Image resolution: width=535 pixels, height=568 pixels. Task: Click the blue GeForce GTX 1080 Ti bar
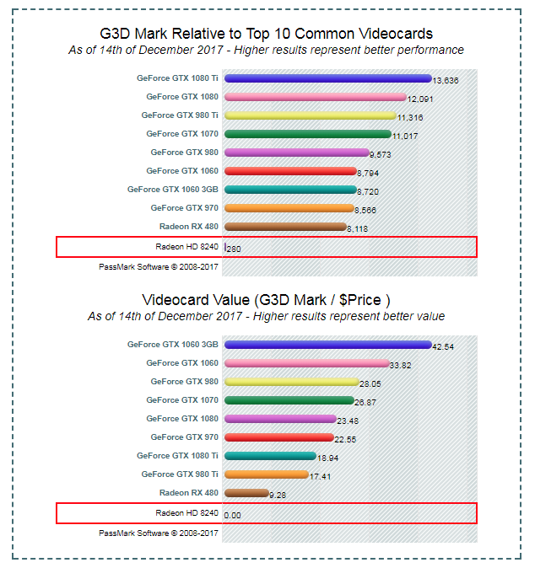(327, 78)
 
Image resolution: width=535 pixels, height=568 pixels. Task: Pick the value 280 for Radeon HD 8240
(234, 249)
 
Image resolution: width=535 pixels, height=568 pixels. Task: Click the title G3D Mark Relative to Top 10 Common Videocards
(266, 34)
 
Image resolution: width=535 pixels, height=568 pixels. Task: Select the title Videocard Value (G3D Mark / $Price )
(266, 300)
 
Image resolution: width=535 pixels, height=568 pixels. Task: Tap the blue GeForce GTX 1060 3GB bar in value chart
(327, 345)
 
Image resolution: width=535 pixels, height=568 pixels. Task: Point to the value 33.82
(401, 366)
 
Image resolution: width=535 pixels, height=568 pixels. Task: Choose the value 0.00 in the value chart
(232, 515)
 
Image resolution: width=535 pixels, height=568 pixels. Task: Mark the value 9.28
(278, 496)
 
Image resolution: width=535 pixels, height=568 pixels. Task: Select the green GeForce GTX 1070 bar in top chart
(307, 134)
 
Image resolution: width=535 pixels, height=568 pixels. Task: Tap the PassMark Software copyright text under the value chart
(159, 533)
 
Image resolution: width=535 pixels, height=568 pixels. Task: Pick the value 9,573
(381, 155)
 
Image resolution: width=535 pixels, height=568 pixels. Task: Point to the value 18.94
(327, 458)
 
